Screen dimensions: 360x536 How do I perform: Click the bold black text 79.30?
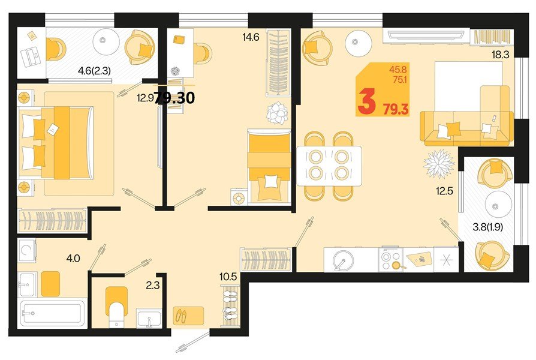tap(174, 98)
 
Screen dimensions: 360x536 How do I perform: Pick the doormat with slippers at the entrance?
tap(189, 316)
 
